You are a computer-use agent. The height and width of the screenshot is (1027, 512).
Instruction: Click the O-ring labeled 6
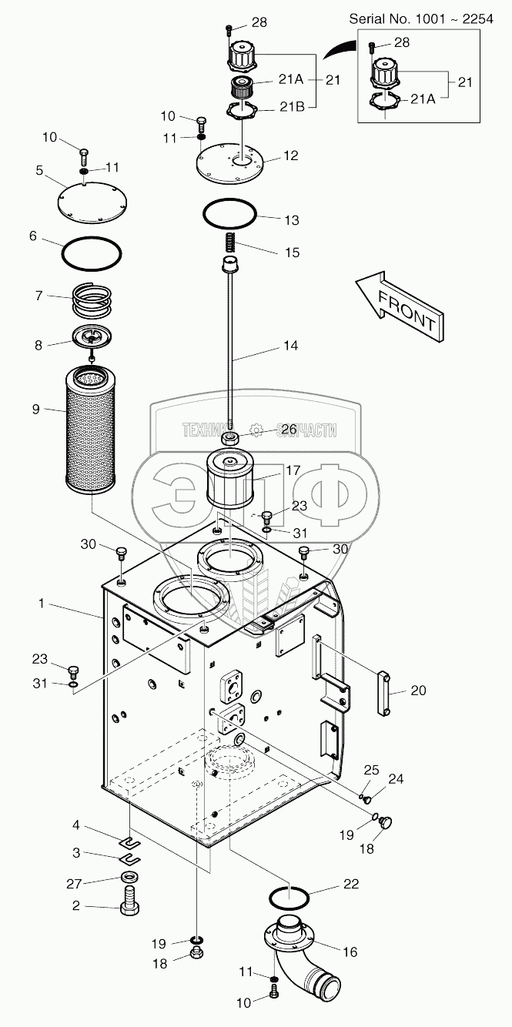[92, 252]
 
